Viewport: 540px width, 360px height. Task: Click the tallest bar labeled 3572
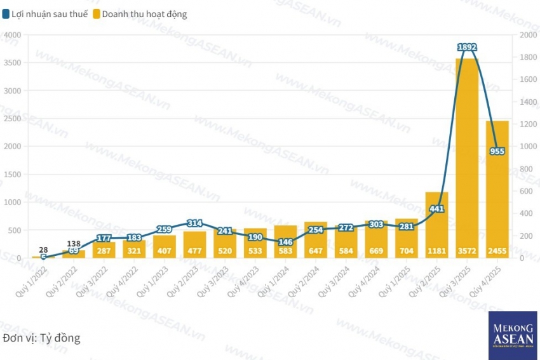point(467,159)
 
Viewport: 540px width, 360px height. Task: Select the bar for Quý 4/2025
point(497,190)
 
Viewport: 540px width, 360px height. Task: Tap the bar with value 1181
point(436,225)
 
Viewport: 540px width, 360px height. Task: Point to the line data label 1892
point(467,47)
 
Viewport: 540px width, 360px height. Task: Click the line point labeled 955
point(497,151)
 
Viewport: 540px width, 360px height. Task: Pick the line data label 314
point(194,223)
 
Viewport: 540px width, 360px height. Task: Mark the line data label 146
point(285,242)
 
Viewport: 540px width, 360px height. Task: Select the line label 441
point(436,209)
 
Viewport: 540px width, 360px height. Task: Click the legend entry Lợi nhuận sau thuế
point(45,14)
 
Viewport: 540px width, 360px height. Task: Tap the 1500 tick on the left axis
point(12,175)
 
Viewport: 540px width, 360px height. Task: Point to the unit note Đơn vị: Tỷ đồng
point(42,338)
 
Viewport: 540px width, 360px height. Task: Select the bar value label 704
point(407,251)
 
